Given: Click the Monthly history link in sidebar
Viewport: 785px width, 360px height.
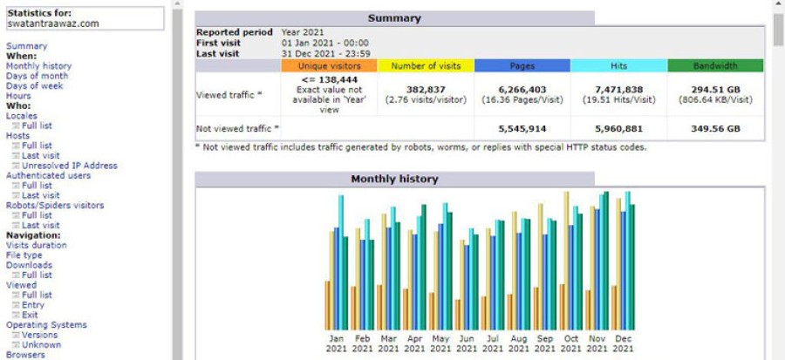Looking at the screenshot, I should click(x=38, y=65).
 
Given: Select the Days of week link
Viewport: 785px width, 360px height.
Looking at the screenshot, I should click(x=35, y=85).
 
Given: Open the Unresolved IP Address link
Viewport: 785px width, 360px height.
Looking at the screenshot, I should click(x=70, y=166).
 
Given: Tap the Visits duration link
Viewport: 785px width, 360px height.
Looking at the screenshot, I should click(x=37, y=245).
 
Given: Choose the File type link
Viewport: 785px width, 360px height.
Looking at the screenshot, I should click(x=25, y=255).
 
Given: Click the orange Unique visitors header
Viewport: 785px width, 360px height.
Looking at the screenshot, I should click(x=329, y=65).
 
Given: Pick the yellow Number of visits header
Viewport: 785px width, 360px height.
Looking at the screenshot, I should click(x=426, y=65).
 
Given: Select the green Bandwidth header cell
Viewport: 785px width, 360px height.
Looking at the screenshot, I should click(x=715, y=65).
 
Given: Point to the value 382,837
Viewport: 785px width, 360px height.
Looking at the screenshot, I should click(x=426, y=89).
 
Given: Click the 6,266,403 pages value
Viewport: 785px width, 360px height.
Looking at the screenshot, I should click(x=522, y=89).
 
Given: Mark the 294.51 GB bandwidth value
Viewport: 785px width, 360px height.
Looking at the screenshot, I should click(x=715, y=89).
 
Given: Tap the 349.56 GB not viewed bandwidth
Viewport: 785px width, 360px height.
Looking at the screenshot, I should click(x=715, y=128).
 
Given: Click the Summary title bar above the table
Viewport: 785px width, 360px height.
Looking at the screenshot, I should click(x=394, y=18).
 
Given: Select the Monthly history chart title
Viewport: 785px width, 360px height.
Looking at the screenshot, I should click(x=394, y=180).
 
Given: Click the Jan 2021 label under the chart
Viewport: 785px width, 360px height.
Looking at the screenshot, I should click(x=337, y=343).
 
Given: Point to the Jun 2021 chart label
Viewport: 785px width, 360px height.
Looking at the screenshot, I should click(x=468, y=343).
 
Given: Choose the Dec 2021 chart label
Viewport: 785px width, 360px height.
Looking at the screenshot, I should click(x=623, y=343).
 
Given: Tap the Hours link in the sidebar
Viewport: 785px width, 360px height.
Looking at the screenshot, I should click(x=18, y=96).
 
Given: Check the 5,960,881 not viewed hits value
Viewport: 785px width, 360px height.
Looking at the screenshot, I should click(x=618, y=128).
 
